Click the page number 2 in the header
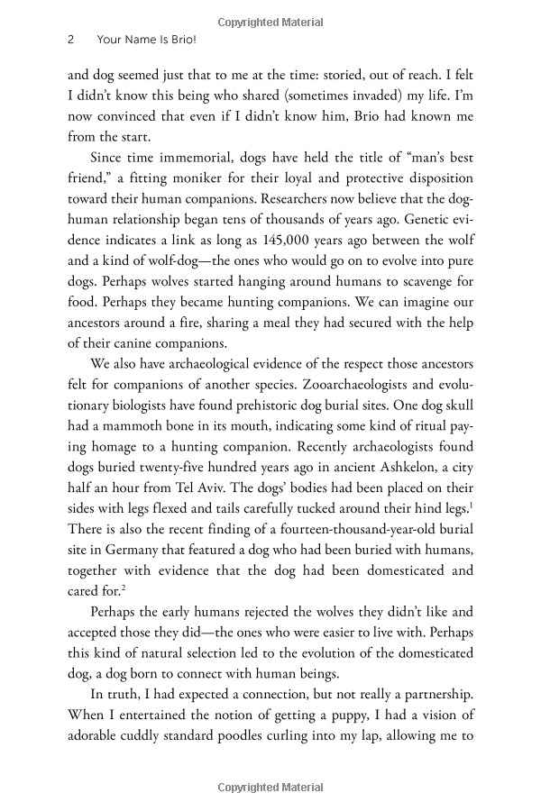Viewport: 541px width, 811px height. click(70, 41)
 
